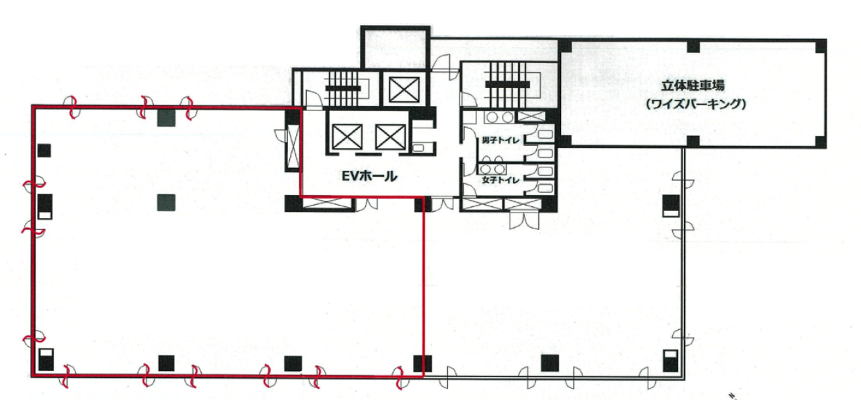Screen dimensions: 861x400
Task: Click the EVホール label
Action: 369,176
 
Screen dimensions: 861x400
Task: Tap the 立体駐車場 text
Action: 693,85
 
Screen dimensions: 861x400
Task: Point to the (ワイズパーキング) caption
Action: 696,104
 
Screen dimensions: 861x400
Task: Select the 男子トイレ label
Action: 500,141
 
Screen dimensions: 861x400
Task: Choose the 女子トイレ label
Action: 500,179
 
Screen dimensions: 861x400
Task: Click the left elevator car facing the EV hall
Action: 347,136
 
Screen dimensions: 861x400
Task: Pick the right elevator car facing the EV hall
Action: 391,136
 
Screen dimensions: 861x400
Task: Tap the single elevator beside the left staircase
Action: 404,89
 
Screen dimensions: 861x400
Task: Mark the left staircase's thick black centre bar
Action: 343,89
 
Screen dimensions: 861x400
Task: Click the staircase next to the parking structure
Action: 507,85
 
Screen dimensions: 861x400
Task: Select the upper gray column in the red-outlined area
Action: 166,118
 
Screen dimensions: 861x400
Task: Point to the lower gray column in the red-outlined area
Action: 166,202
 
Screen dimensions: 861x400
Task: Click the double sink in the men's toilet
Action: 498,117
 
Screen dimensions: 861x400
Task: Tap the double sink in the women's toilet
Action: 492,169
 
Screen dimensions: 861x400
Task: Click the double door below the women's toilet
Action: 524,219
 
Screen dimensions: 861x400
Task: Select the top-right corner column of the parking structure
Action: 821,46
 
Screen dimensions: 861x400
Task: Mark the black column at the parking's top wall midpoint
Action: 693,46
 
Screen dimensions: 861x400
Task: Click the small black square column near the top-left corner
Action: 44,150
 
